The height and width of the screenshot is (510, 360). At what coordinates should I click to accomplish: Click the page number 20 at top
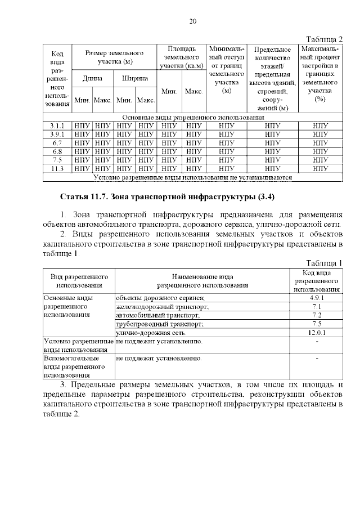(192, 21)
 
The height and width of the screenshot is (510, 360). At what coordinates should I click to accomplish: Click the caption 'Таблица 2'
(324, 39)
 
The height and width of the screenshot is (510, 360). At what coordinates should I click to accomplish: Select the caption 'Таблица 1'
(324, 263)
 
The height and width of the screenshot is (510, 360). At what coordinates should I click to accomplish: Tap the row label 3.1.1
(57, 126)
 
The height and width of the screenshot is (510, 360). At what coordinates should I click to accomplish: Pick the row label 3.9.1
(57, 134)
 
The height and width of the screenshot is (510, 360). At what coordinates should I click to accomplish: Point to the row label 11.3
(57, 168)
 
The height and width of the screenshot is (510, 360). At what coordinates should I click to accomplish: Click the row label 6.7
(57, 143)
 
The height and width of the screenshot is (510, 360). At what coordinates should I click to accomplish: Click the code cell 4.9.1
(317, 297)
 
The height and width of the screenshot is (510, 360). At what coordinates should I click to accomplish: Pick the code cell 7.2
(317, 315)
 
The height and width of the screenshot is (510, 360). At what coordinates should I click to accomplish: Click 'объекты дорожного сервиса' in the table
(160, 297)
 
